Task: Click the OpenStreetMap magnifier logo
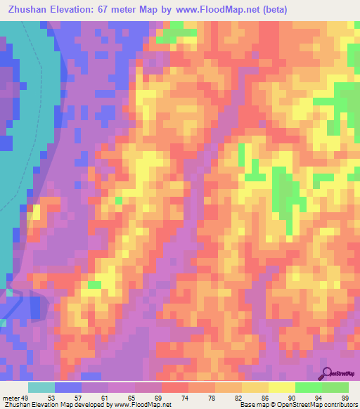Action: pyautogui.click(x=328, y=372)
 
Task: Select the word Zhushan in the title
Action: pyautogui.click(x=30, y=9)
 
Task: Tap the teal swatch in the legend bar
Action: pyautogui.click(x=41, y=387)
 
